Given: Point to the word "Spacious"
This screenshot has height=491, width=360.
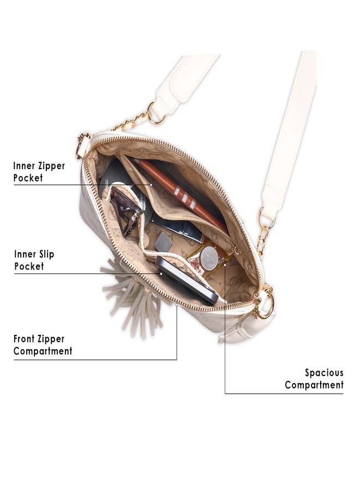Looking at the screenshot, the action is (x=325, y=373).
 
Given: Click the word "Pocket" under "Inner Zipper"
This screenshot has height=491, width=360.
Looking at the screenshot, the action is (x=28, y=178).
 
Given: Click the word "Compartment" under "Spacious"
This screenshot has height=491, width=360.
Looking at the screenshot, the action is (x=314, y=385).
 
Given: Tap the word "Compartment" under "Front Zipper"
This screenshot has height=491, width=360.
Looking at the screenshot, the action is (x=43, y=351).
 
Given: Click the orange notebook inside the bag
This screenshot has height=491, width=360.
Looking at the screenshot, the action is (x=179, y=191).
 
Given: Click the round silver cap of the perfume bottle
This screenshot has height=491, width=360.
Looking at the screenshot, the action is (x=209, y=258).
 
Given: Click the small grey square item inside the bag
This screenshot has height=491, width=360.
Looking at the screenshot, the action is (x=163, y=242).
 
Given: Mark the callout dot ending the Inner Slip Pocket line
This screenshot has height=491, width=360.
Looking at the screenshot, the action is (x=161, y=273).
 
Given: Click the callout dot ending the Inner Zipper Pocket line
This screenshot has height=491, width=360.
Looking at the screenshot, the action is (x=151, y=185).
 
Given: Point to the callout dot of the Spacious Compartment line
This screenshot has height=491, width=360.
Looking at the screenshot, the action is (x=225, y=265).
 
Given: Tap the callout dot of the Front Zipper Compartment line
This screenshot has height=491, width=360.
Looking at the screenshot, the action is (x=177, y=304).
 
